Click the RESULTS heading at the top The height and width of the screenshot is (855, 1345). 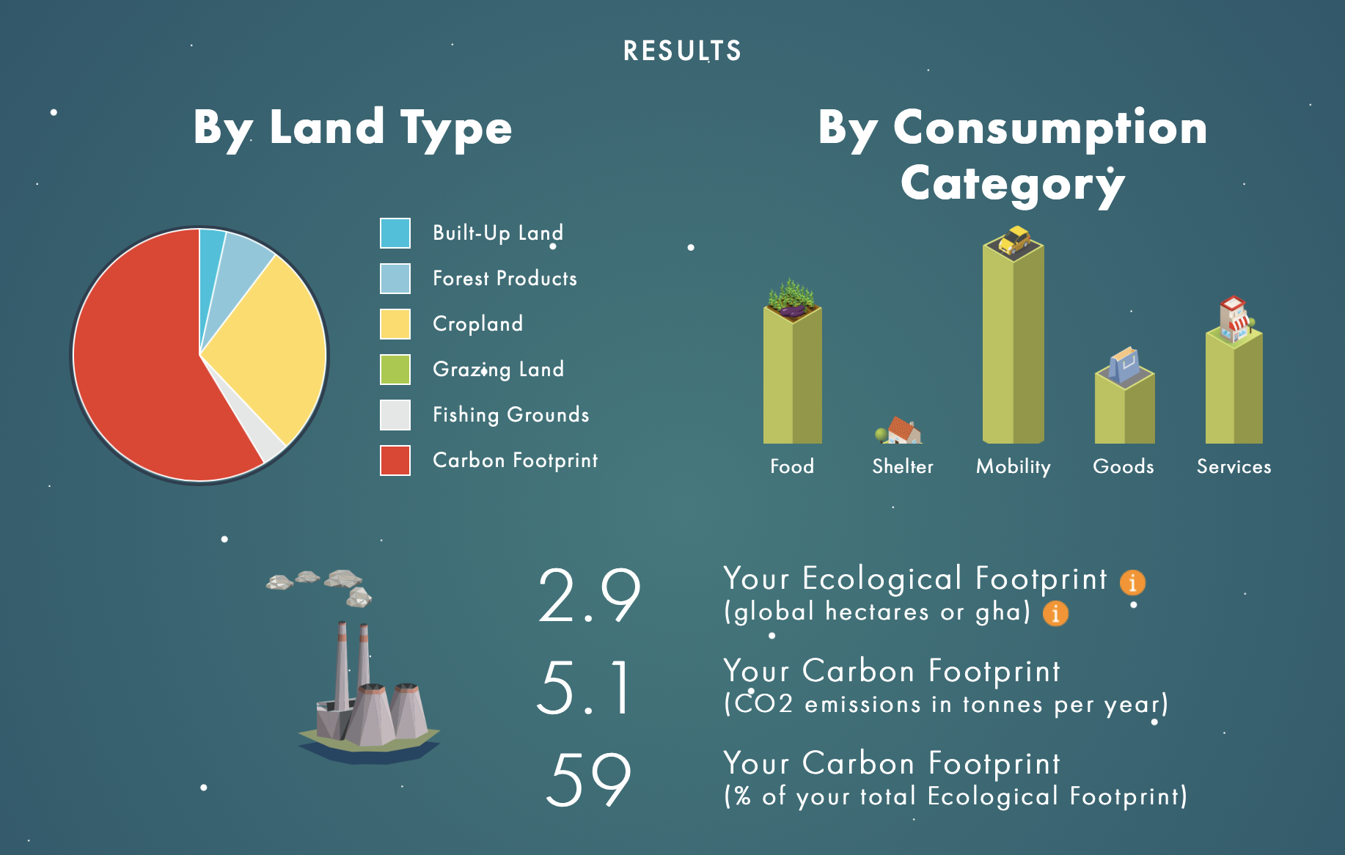[682, 51]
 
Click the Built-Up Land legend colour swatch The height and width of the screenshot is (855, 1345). [395, 233]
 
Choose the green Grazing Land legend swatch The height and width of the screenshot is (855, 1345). [395, 370]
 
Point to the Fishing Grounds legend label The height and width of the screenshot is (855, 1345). [511, 415]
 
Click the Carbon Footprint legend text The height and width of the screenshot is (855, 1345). [516, 460]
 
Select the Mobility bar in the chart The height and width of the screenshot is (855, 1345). [1013, 345]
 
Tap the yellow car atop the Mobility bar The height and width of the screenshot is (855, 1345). [1014, 240]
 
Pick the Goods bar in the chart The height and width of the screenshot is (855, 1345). [1124, 407]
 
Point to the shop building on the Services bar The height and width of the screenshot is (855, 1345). [1235, 319]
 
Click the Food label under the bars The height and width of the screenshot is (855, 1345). [792, 466]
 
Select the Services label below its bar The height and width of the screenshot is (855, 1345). [1234, 466]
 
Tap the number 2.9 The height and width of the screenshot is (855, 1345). [590, 595]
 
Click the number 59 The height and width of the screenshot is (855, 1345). [589, 779]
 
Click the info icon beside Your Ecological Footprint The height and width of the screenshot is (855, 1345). [1132, 582]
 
